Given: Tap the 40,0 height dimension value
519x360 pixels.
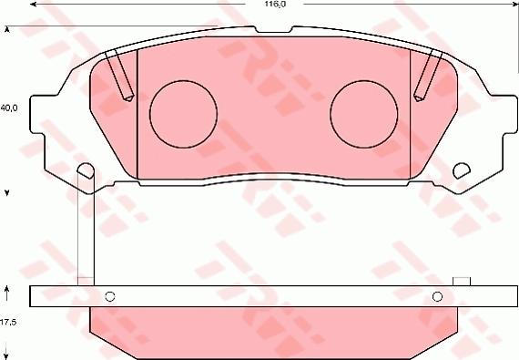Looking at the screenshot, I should (10, 107).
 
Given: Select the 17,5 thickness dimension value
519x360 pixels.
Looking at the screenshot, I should (9, 322).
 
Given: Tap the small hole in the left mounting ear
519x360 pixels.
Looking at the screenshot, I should (86, 170).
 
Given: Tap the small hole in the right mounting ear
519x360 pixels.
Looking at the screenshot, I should (461, 170).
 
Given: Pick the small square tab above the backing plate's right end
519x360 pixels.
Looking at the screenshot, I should (461, 280).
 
